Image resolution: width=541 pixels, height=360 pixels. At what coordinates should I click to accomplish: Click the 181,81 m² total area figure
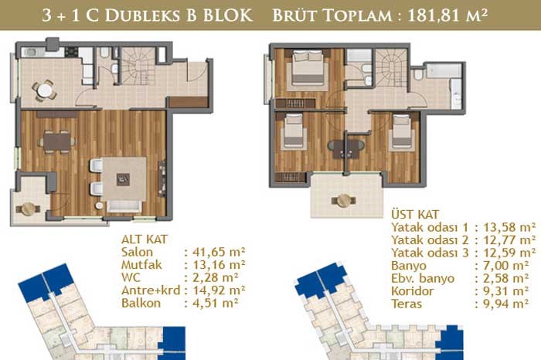447,15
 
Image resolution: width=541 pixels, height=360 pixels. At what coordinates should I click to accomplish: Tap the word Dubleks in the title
142,15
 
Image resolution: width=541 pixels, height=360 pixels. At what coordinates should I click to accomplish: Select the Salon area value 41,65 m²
219,252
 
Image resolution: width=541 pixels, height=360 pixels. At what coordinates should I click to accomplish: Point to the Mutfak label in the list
141,265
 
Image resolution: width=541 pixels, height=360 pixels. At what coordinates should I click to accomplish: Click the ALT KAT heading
145,239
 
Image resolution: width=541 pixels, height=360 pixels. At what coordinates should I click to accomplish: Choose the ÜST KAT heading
415,214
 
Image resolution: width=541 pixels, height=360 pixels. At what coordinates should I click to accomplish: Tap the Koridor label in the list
412,291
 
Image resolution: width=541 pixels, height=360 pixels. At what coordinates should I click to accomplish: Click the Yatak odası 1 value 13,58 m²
509,227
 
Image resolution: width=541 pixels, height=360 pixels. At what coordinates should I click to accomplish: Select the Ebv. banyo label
423,278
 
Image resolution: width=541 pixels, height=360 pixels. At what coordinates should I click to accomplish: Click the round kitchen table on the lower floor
45,90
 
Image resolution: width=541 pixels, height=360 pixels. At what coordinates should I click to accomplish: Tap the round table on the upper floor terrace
344,200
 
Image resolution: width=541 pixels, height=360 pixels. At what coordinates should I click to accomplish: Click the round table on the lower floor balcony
29,209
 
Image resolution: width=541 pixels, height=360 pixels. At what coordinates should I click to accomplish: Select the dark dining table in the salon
57,141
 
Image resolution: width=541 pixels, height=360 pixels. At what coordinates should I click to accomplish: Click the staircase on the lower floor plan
138,66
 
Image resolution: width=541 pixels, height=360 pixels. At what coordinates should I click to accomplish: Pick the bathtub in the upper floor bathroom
444,70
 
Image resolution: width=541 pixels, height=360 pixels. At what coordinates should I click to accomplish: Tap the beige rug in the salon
124,178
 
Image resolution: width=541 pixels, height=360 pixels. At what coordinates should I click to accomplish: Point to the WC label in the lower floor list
131,277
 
